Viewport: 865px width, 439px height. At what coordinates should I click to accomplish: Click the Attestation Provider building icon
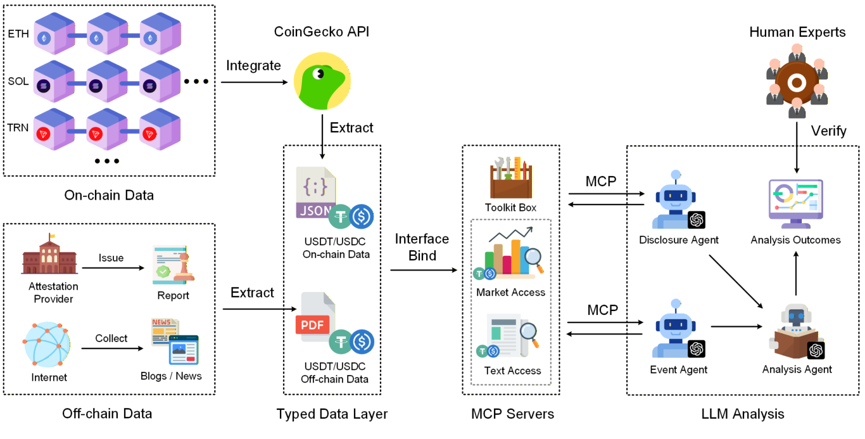point(50,255)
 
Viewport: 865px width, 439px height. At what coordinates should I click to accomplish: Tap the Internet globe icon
point(48,344)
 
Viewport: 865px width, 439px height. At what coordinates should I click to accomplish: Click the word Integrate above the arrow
point(253,65)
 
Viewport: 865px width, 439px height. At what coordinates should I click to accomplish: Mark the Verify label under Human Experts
point(829,131)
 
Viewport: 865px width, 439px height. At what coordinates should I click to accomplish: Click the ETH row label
point(18,34)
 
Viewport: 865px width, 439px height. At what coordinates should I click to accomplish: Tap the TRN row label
point(18,127)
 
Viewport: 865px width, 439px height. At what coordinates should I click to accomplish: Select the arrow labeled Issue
point(113,268)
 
